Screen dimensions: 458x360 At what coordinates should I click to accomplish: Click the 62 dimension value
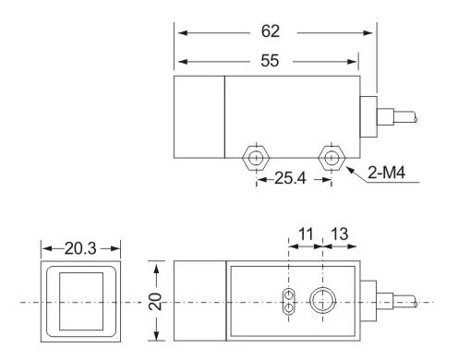(271, 31)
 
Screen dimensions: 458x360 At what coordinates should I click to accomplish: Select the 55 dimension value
(270, 60)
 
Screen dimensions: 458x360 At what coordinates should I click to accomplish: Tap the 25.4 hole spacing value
(290, 178)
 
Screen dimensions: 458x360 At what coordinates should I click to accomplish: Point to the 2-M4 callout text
(386, 173)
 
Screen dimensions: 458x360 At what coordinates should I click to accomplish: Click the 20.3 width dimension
(80, 248)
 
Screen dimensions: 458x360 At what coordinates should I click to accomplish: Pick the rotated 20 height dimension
(155, 301)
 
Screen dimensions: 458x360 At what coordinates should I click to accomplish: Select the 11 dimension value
(306, 234)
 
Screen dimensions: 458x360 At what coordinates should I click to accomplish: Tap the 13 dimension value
(340, 234)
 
